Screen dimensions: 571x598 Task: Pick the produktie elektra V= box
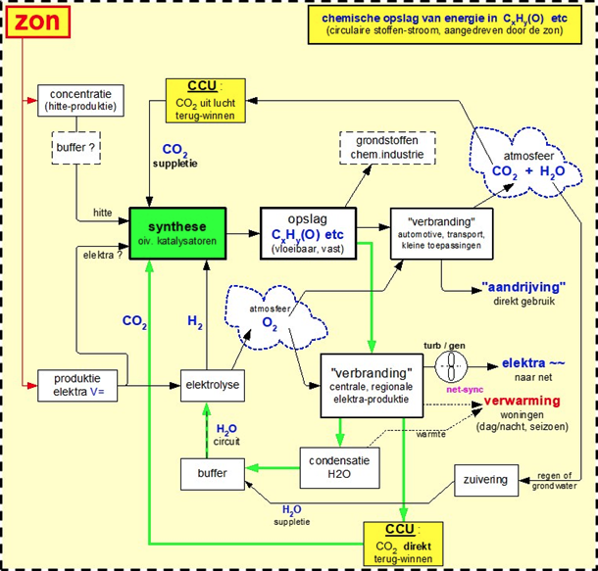76,385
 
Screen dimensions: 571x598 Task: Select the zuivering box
487,481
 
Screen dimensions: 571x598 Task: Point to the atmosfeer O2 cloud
271,318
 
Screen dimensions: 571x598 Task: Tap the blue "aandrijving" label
524,287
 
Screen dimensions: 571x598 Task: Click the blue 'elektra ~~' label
532,362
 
